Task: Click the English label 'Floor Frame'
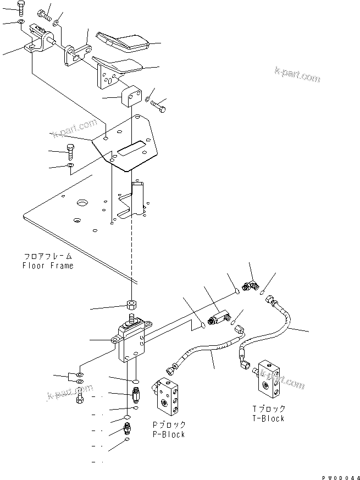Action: pyautogui.click(x=48, y=266)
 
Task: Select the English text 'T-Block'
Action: pyautogui.click(x=268, y=418)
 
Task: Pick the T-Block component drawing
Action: pyautogui.click(x=269, y=379)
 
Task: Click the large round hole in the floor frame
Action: pyautogui.click(x=82, y=203)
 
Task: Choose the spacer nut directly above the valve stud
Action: pyautogui.click(x=132, y=305)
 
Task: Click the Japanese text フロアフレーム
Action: pyautogui.click(x=48, y=257)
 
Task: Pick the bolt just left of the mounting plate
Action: pyautogui.click(x=70, y=150)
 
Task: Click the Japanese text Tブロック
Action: pyautogui.click(x=269, y=409)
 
